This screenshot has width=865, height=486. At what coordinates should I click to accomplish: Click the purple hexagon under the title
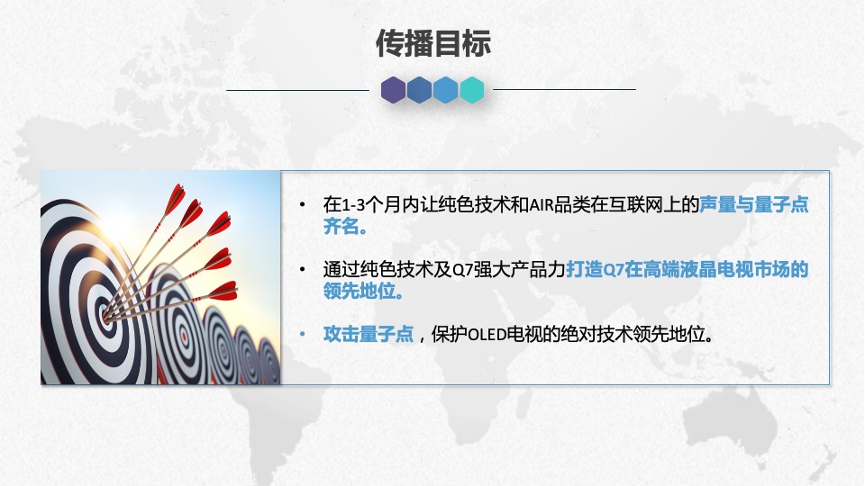[x=393, y=89]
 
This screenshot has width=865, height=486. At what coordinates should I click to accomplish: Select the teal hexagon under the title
[x=472, y=89]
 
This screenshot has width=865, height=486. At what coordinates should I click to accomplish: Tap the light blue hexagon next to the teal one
[x=445, y=89]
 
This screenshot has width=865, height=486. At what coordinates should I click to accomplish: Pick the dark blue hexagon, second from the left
[x=419, y=89]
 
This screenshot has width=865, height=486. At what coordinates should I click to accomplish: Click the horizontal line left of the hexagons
[x=297, y=90]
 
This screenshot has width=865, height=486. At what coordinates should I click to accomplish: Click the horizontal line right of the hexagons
[x=564, y=90]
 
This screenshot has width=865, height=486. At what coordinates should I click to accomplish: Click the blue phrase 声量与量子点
[x=754, y=205]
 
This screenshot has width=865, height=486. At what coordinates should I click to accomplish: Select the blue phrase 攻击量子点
[x=368, y=335]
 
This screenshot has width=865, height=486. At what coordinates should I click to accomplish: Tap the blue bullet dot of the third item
[x=303, y=335]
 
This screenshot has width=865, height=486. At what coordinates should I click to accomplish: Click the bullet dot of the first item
[x=303, y=206]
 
